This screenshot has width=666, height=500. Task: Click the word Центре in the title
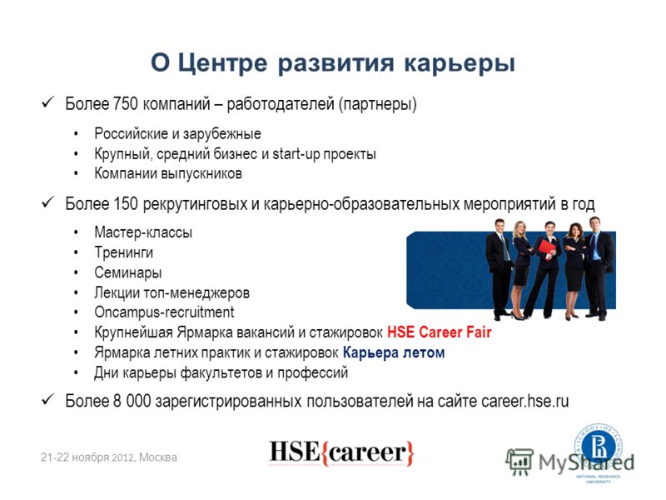point(222,63)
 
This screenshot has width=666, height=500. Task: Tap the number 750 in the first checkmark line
point(126,103)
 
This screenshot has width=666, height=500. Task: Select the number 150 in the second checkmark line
point(126,203)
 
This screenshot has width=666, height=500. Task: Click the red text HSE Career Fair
point(440,332)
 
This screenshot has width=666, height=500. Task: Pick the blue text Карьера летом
point(394,352)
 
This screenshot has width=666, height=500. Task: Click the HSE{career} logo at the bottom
point(341,452)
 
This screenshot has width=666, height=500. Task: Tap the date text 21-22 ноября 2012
point(88,457)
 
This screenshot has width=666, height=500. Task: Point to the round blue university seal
point(599,447)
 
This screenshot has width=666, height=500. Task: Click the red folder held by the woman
point(546,248)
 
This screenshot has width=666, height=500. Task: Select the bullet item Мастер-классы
point(143,232)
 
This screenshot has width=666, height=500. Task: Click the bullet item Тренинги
point(123,252)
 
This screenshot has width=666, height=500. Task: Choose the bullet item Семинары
point(128,272)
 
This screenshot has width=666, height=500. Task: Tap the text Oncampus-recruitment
point(164,312)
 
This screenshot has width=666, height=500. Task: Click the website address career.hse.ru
point(525,401)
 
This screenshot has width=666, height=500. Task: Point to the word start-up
point(296,154)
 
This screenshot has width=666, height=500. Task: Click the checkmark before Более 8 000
point(47,400)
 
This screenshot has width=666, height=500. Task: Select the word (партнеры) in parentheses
point(378,104)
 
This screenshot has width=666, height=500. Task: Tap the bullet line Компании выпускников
point(168,174)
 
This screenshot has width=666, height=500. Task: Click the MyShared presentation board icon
point(519,462)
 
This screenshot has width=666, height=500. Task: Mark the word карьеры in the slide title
point(460,64)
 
